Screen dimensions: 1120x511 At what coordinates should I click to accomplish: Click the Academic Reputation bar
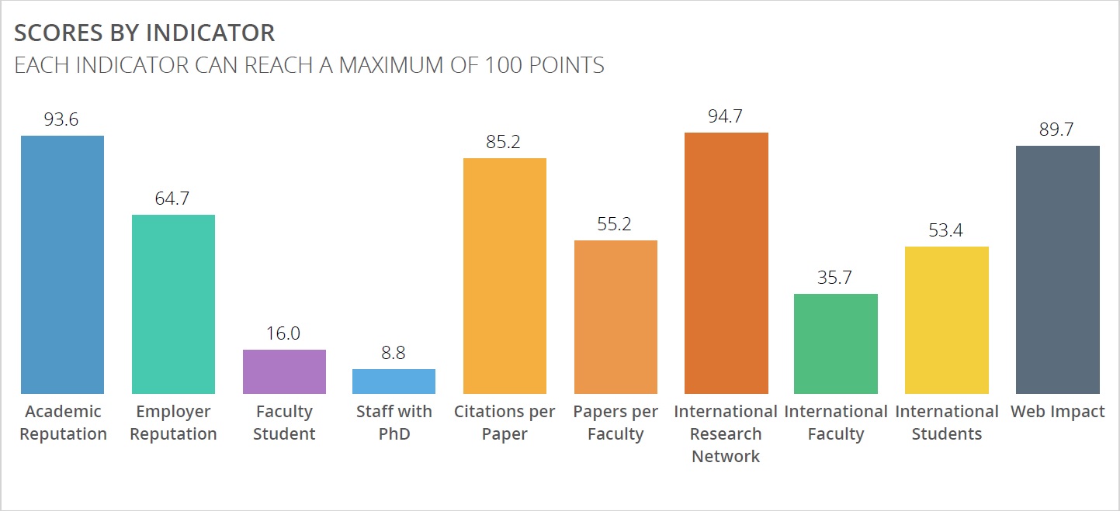click(x=63, y=264)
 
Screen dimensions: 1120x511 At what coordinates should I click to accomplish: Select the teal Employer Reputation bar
click(x=174, y=304)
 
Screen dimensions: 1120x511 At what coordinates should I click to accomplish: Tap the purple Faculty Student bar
click(x=285, y=371)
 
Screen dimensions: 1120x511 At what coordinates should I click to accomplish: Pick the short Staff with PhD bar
click(x=394, y=382)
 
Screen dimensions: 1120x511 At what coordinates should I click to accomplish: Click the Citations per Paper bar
click(x=505, y=276)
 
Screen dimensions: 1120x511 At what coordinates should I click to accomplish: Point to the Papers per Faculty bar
click(x=616, y=317)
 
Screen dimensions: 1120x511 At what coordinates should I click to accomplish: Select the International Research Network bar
click(x=726, y=263)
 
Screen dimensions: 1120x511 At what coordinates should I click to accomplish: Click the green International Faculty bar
click(x=836, y=344)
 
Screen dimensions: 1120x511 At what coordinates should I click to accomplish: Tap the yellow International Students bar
click(x=947, y=320)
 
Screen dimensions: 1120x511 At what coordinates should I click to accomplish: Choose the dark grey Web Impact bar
click(x=1058, y=270)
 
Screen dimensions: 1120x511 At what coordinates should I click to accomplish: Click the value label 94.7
click(x=725, y=116)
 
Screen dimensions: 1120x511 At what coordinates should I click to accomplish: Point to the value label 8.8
click(x=393, y=353)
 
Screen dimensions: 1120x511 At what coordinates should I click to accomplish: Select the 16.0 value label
click(x=283, y=333)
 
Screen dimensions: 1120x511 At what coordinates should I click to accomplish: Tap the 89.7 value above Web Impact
click(x=1056, y=129)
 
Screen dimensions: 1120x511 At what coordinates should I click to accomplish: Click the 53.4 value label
click(x=945, y=230)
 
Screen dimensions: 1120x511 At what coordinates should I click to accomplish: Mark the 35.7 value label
click(x=834, y=278)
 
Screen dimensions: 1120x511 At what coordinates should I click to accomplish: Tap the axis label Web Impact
click(x=1057, y=411)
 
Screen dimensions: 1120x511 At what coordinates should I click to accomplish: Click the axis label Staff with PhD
click(x=394, y=423)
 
